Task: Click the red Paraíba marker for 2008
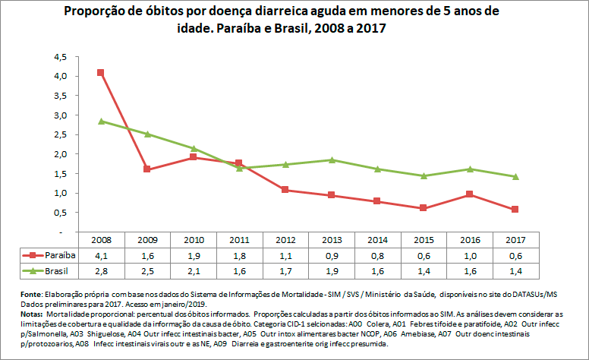click(101, 73)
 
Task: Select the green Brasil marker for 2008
click(101, 122)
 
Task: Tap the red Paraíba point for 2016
click(471, 194)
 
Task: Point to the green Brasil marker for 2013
click(332, 159)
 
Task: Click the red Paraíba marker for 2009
click(147, 169)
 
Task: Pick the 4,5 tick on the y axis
click(61, 57)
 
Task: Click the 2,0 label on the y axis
click(61, 154)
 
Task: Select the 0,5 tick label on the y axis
click(61, 213)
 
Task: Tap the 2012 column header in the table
click(285, 239)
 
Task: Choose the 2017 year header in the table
click(516, 239)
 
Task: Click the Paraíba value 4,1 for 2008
click(101, 255)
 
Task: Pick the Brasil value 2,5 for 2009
click(147, 270)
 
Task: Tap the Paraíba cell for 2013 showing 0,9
click(332, 255)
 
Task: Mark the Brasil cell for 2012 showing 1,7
click(285, 270)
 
